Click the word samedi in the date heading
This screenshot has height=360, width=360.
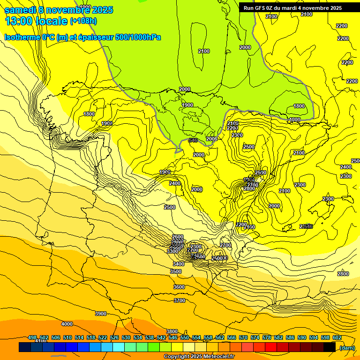tap(20, 10)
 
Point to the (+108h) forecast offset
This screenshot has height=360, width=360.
tap(84, 21)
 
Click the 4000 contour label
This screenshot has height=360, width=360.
tap(67, 324)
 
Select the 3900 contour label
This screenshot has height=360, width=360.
tap(101, 314)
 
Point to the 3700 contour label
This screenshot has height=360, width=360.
tap(180, 300)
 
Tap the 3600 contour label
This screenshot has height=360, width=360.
tap(179, 287)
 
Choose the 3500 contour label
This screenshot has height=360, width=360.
tap(176, 271)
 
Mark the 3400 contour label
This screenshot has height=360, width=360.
tap(179, 264)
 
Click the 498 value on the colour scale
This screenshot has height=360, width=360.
tap(32, 337)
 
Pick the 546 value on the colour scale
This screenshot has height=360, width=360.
tap(173, 337)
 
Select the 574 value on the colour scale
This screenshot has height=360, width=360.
tap(255, 337)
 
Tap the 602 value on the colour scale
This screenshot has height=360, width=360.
tap(337, 337)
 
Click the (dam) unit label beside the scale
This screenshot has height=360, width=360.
tap(347, 347)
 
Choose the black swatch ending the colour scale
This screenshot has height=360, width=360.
tap(330, 347)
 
